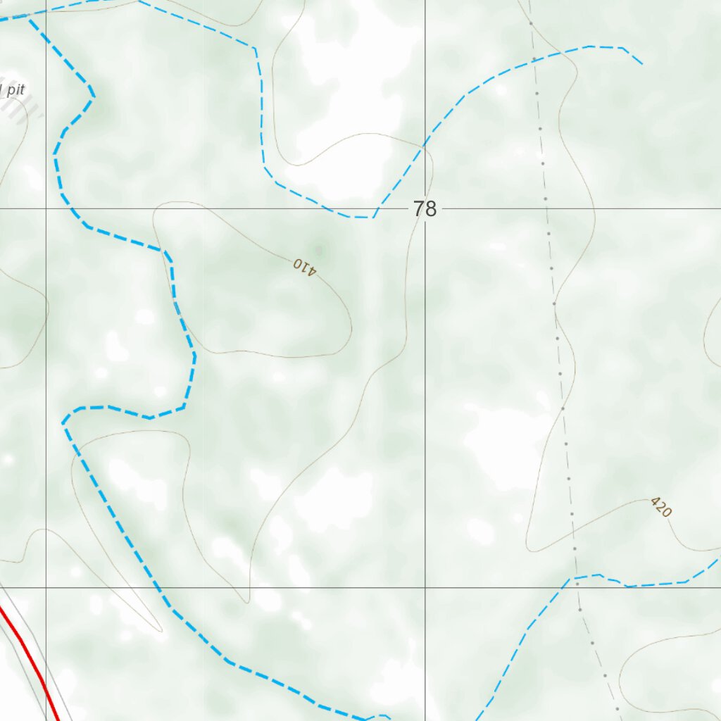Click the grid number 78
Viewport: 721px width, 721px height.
425,209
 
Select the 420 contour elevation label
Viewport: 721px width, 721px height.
660,507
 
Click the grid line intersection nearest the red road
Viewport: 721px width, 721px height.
46,587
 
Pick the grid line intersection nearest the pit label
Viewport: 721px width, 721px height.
46,209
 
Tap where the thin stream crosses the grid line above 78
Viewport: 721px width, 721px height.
425,144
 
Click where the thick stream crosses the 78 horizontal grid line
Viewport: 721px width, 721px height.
73,209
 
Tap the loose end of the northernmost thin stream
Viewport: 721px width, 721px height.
642,64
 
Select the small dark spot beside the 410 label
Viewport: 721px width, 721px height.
319,249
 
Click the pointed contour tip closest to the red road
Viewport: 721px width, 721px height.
161,630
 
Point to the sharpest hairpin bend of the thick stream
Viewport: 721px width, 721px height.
65,422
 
